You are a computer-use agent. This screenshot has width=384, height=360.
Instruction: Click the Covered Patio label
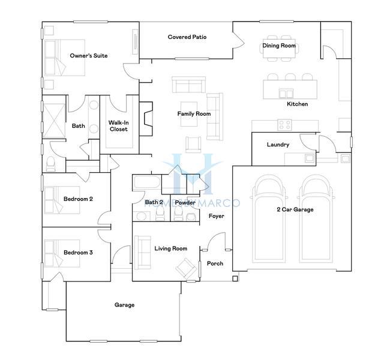187,37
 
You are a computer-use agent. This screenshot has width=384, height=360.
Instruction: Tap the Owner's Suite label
89,56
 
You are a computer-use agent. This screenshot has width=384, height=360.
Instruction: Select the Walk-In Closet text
119,126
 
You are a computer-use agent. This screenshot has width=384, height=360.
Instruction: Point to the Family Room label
194,113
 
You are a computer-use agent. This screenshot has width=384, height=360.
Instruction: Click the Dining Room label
279,46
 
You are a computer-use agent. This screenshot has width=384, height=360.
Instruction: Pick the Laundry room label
278,145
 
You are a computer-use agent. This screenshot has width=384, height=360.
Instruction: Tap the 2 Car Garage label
295,209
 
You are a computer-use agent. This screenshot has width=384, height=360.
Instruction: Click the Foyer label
216,216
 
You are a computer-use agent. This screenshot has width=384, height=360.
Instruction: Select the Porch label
215,263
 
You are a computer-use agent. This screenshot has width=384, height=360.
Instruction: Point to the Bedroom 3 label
78,253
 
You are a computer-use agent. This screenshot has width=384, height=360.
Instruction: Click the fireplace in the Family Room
146,119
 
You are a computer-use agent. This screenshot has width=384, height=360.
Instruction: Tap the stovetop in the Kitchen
284,125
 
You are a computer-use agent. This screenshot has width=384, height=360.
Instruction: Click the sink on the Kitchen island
286,94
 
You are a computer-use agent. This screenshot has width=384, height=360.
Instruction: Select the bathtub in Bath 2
147,182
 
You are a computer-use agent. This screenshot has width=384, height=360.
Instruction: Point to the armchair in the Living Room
187,268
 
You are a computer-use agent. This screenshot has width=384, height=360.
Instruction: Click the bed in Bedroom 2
62,200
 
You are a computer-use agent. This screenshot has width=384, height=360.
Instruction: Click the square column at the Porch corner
235,278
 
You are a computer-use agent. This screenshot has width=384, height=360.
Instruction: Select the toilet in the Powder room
178,215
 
